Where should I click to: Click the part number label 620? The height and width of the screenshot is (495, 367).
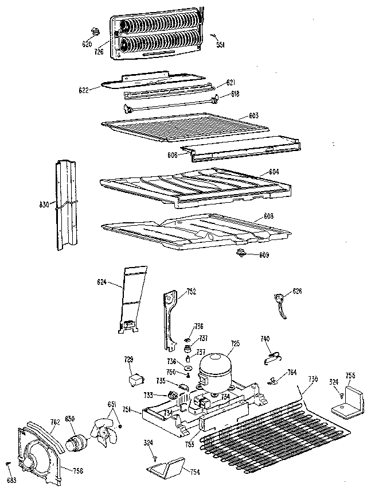87,44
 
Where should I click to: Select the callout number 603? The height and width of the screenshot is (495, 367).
253,116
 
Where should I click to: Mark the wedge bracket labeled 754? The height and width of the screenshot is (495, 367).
166,466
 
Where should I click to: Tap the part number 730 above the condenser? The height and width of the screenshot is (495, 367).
313,380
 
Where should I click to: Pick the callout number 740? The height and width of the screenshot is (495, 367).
265,339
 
